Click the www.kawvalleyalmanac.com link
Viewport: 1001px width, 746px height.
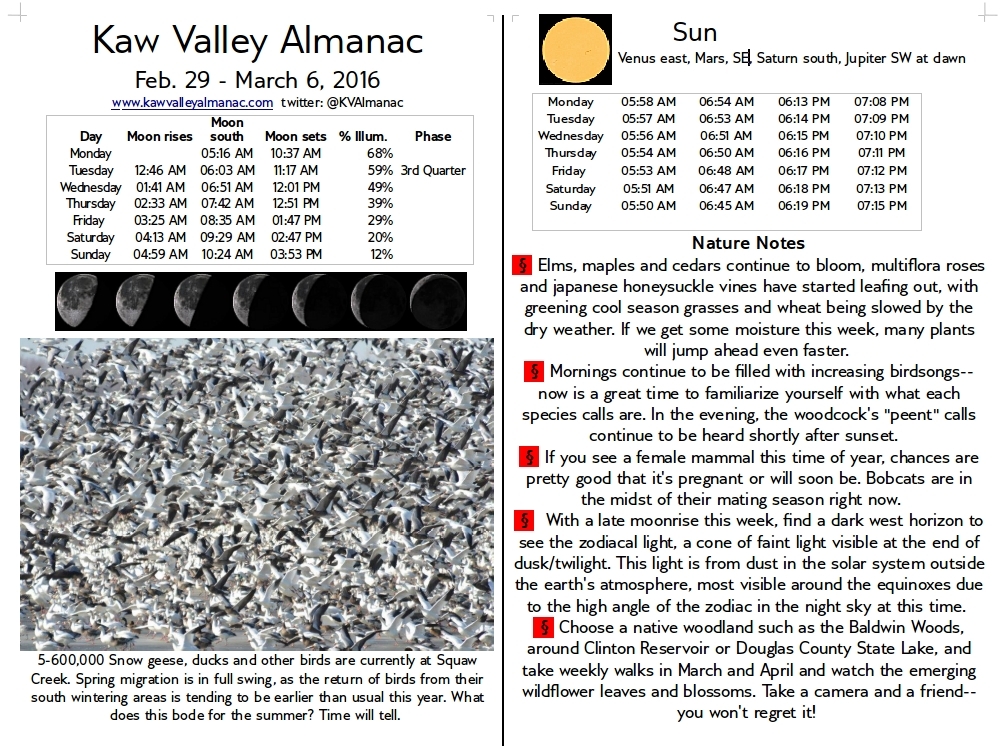tap(192, 102)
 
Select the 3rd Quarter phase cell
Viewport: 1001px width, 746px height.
tap(433, 170)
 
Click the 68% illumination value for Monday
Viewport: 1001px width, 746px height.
tap(380, 153)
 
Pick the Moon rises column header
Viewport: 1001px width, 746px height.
tap(159, 136)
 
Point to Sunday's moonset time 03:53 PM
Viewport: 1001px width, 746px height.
tap(296, 254)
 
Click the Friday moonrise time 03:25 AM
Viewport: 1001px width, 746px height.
tap(160, 220)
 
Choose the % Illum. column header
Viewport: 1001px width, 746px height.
tap(363, 136)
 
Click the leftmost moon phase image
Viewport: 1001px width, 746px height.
tap(84, 300)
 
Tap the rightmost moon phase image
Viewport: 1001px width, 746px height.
tap(437, 300)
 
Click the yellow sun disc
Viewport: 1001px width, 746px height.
tap(575, 49)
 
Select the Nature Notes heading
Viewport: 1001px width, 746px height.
tap(748, 242)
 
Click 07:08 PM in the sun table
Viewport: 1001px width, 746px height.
tap(881, 101)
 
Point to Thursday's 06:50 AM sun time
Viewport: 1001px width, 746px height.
tap(727, 153)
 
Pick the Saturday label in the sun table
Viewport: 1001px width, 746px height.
tap(571, 188)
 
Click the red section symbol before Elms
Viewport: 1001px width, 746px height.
tap(521, 266)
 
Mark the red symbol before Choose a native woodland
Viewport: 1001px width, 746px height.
tap(544, 628)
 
